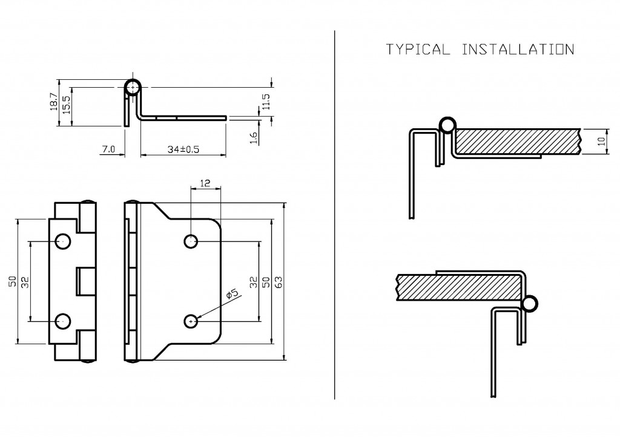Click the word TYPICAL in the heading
(417, 50)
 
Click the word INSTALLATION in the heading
(517, 50)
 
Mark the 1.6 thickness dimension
(254, 139)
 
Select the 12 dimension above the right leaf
(205, 182)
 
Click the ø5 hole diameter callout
(232, 295)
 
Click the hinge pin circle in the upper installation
(447, 125)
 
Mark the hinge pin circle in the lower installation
(530, 304)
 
